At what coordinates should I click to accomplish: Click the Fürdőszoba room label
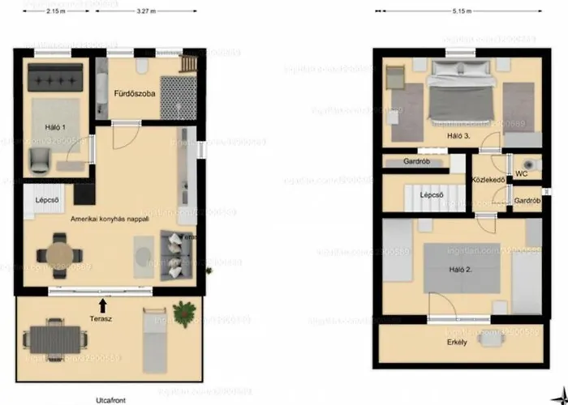133,93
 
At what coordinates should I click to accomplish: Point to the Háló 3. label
458,136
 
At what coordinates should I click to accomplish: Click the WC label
522,173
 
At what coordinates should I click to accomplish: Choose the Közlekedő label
490,180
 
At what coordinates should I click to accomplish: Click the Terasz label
101,318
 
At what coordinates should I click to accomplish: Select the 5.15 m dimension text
458,12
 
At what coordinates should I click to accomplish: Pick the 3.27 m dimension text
147,12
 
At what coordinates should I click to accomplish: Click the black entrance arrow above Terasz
102,305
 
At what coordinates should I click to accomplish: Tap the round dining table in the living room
58,253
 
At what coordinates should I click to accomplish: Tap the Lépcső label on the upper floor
430,195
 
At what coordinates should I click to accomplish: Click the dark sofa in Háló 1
55,79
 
